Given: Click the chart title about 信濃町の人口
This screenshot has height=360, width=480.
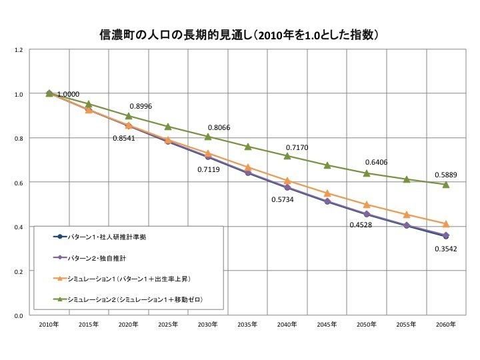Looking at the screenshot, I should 240,33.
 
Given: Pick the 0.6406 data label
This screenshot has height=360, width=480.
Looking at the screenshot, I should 377,162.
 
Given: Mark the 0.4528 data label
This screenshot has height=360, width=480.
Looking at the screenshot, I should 362,225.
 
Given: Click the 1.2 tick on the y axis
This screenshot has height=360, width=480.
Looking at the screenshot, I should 19,50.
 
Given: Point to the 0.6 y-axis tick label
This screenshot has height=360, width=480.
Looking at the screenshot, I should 19,183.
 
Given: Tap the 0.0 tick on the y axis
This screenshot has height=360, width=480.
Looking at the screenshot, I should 19,315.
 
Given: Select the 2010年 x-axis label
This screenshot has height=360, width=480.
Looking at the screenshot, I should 49,324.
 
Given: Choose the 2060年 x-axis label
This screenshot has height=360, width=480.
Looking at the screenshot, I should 446,324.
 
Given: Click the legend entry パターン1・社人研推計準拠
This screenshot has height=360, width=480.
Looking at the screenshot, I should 110,237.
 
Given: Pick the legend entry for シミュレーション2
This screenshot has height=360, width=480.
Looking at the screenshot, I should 133,301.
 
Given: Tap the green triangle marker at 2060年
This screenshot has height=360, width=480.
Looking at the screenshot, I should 446,185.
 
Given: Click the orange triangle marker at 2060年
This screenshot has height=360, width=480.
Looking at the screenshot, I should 446,224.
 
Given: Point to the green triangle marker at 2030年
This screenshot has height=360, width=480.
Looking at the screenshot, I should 208,137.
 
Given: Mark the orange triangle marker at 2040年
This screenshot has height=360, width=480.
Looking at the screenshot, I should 287,181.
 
